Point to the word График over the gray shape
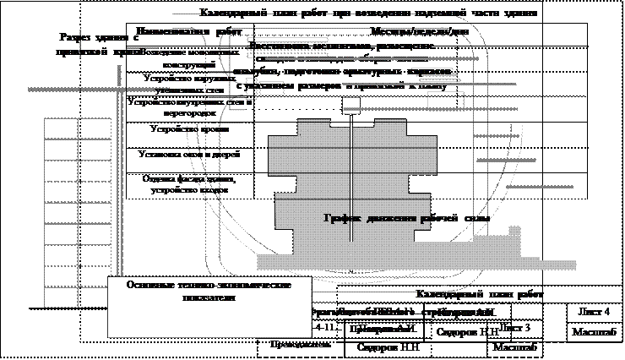coord(342,218)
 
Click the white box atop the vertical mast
coord(352,106)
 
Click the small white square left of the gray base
coord(212,254)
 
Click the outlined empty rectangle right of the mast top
coord(445,100)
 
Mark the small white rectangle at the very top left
coord(160,18)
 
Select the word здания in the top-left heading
coord(115,38)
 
